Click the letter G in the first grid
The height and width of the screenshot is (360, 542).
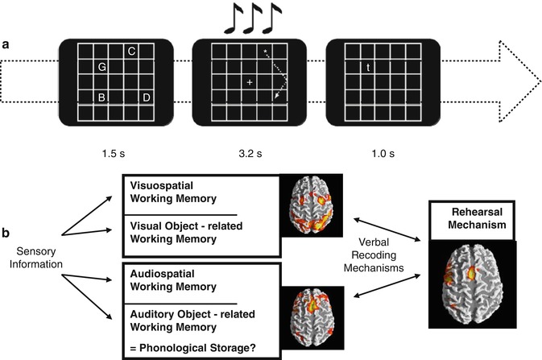[102, 68]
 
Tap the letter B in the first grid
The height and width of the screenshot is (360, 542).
[102, 98]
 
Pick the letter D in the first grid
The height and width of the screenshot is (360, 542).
[146, 98]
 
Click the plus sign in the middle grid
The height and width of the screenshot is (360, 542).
[250, 83]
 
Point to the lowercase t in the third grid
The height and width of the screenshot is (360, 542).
[368, 68]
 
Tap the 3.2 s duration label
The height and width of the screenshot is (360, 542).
[250, 151]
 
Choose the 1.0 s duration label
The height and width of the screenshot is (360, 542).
[369, 151]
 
